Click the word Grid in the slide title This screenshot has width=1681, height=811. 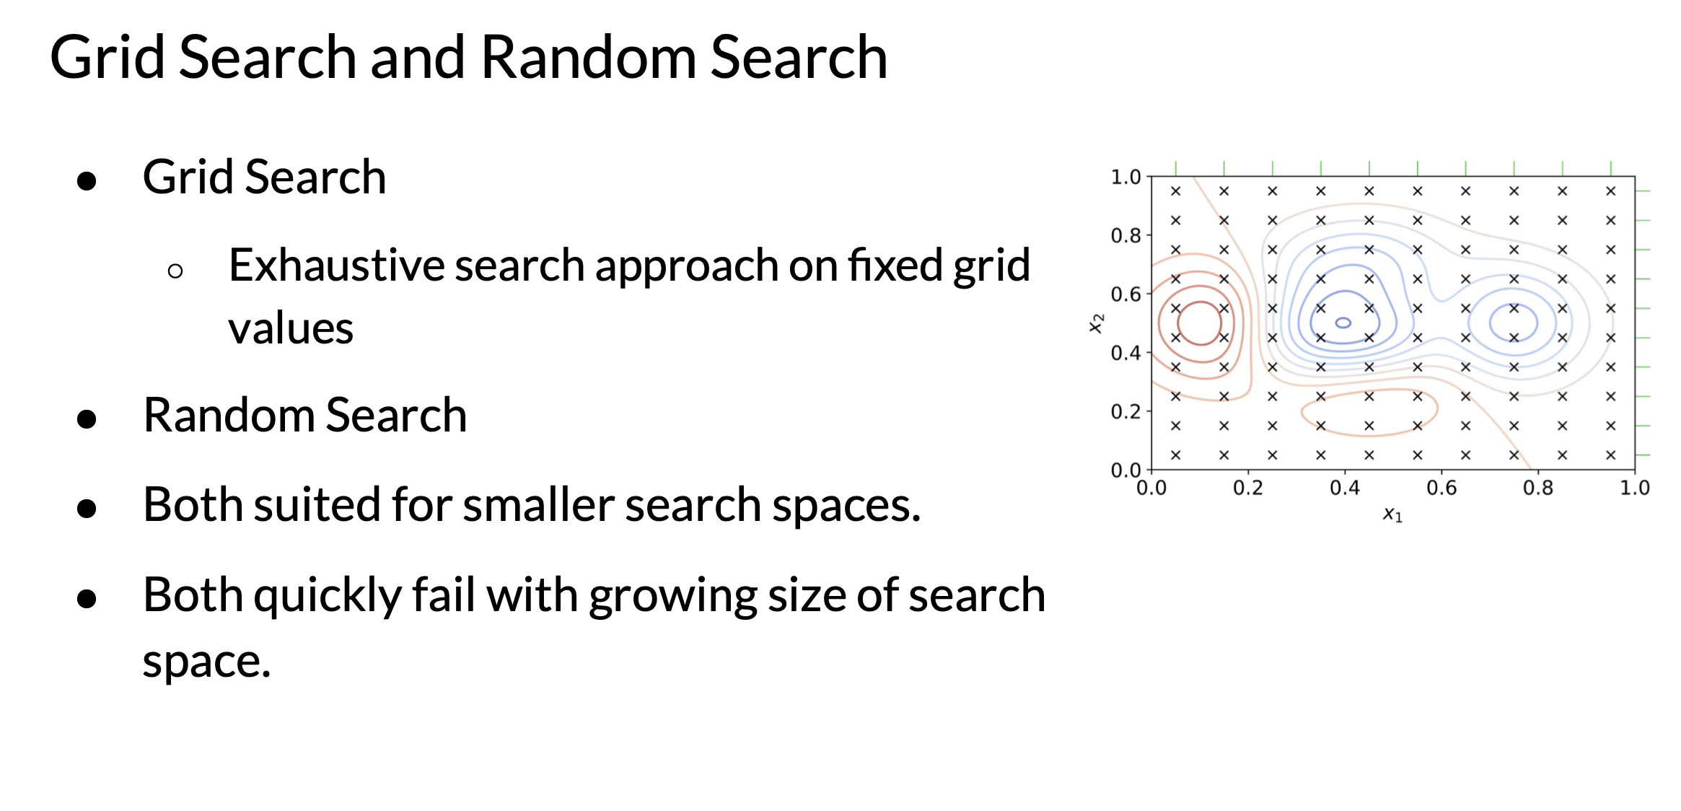tap(107, 57)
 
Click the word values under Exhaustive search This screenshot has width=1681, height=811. tap(291, 329)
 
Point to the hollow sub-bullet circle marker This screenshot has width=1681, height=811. tap(175, 271)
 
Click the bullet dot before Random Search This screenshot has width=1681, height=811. tap(87, 418)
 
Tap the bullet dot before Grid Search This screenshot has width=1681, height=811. tap(87, 180)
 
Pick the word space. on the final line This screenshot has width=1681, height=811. tap(206, 662)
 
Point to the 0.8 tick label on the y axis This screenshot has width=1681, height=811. tap(1125, 236)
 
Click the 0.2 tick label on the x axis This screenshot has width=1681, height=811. tap(1248, 488)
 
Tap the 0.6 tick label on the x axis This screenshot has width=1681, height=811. tap(1441, 488)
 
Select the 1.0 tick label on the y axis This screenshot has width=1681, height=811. tap(1125, 177)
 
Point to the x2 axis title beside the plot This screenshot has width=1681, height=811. tap(1096, 323)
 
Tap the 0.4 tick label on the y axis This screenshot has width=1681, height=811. tap(1125, 354)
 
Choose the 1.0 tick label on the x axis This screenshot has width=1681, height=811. tap(1635, 488)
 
